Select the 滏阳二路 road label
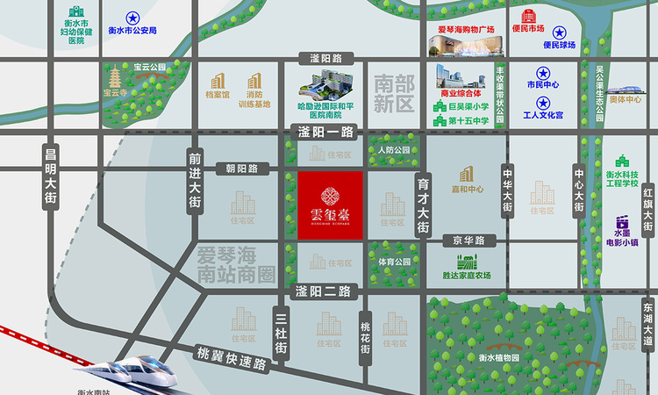[x=324, y=291]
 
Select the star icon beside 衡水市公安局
[x=132, y=18]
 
